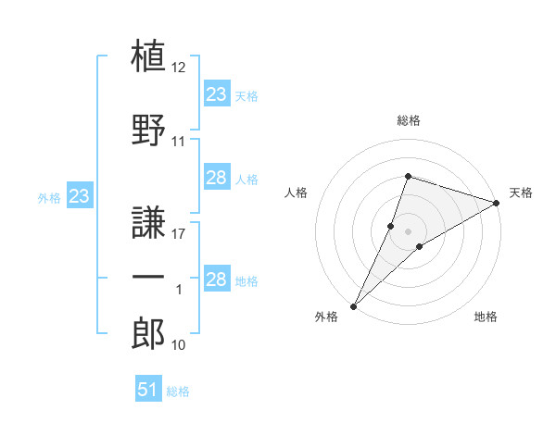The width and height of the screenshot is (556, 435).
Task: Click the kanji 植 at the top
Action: [x=148, y=56]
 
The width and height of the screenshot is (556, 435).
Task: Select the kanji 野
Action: [x=148, y=130]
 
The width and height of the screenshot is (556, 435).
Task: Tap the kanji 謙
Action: [x=148, y=222]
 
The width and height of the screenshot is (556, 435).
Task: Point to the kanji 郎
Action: [x=148, y=333]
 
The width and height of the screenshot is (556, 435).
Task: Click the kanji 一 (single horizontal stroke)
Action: [x=148, y=277]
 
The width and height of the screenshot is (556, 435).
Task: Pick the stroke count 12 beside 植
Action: [x=178, y=68]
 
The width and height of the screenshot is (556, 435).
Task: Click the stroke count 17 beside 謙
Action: [x=178, y=234]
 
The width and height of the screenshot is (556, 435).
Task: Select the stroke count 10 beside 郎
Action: [x=178, y=345]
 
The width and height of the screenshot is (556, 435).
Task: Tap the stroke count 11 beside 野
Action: [x=178, y=142]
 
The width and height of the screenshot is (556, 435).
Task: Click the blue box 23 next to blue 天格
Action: [x=217, y=93]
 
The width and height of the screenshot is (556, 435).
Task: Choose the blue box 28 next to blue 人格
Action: [x=217, y=177]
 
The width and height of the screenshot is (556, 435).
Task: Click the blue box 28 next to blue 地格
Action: [x=217, y=278]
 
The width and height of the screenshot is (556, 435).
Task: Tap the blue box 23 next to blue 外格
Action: [x=80, y=195]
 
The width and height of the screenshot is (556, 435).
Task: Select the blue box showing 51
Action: [x=148, y=388]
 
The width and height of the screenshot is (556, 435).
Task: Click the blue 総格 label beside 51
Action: [x=178, y=391]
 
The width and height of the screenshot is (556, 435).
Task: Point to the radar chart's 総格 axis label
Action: [x=409, y=120]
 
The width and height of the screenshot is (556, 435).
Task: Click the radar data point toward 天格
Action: [x=497, y=203]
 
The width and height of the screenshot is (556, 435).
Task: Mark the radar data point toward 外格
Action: [x=354, y=306]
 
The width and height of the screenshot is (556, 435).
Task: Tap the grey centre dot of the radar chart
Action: [x=408, y=231]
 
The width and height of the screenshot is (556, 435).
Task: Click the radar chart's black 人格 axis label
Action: [x=296, y=193]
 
